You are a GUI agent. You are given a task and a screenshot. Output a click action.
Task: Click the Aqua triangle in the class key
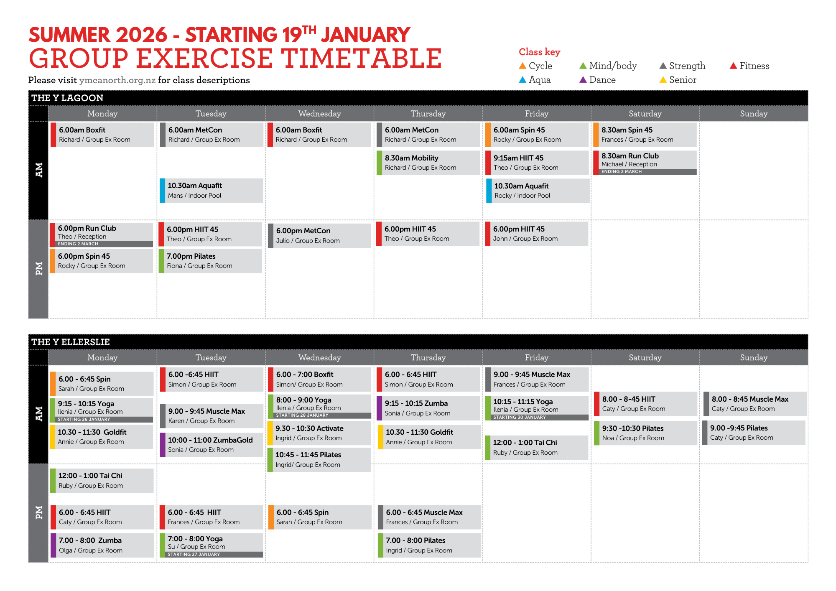click(522, 80)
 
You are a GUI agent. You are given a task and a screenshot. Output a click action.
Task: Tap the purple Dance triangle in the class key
click(583, 80)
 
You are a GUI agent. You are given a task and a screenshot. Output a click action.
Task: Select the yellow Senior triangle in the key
click(663, 80)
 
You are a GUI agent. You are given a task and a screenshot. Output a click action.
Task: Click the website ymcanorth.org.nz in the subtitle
click(117, 80)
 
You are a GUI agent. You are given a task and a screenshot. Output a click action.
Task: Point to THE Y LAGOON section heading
click(67, 98)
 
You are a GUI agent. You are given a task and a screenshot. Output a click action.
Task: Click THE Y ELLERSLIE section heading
click(71, 342)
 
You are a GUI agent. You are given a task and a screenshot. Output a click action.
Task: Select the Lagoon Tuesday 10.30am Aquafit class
click(212, 191)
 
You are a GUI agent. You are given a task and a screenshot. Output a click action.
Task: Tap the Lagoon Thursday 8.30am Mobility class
click(428, 163)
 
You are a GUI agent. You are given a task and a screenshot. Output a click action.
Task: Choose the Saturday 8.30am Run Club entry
click(645, 163)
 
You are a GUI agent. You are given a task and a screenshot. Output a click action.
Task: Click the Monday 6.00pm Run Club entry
click(102, 234)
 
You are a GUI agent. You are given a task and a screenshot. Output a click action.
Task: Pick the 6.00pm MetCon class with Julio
click(319, 236)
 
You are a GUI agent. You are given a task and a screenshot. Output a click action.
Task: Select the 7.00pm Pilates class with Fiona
click(211, 261)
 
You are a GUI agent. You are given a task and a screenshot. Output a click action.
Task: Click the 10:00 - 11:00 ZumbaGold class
click(212, 445)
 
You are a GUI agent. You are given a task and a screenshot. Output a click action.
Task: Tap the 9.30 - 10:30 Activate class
click(319, 433)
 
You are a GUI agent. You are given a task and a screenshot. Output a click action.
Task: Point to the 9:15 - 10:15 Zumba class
click(428, 408)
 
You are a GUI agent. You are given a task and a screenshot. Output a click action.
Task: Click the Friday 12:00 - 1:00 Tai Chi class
click(537, 448)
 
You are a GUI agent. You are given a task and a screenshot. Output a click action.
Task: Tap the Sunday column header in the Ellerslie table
click(754, 358)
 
